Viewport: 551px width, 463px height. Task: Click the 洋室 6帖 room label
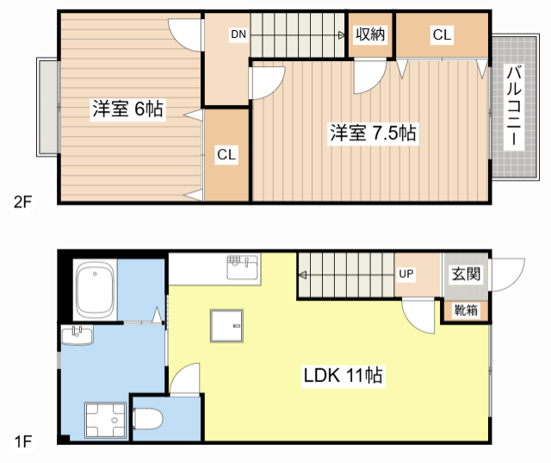point(127,108)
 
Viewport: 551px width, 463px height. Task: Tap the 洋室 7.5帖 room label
point(373,133)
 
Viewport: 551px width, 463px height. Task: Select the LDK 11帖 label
point(343,375)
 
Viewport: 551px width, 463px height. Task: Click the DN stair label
point(238,34)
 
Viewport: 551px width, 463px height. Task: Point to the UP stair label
point(406,274)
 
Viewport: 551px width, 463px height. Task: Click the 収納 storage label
point(370,34)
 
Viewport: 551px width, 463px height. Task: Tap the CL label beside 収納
point(442,34)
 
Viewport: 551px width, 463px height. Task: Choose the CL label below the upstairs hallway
point(226,154)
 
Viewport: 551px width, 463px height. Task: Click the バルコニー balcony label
point(514,105)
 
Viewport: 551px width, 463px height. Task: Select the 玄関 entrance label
point(466,274)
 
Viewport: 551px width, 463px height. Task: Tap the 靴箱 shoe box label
point(466,310)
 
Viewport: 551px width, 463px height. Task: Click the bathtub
point(96,289)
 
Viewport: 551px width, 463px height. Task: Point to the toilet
point(148,419)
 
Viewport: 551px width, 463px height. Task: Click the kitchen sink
point(243,268)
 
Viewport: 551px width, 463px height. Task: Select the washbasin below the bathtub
point(77,335)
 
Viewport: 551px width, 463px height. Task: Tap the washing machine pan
point(105,421)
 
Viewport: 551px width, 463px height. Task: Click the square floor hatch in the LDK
point(226,325)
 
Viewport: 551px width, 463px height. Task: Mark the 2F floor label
point(22,202)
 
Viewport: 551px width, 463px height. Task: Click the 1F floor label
point(23,441)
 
